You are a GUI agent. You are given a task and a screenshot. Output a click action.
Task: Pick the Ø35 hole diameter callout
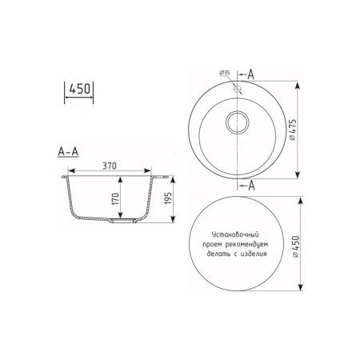click(x=223, y=74)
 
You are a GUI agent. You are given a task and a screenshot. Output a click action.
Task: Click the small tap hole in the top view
click(x=238, y=89)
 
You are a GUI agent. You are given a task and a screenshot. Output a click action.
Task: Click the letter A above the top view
click(x=253, y=74)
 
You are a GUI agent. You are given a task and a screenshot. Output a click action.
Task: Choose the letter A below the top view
click(x=253, y=186)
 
